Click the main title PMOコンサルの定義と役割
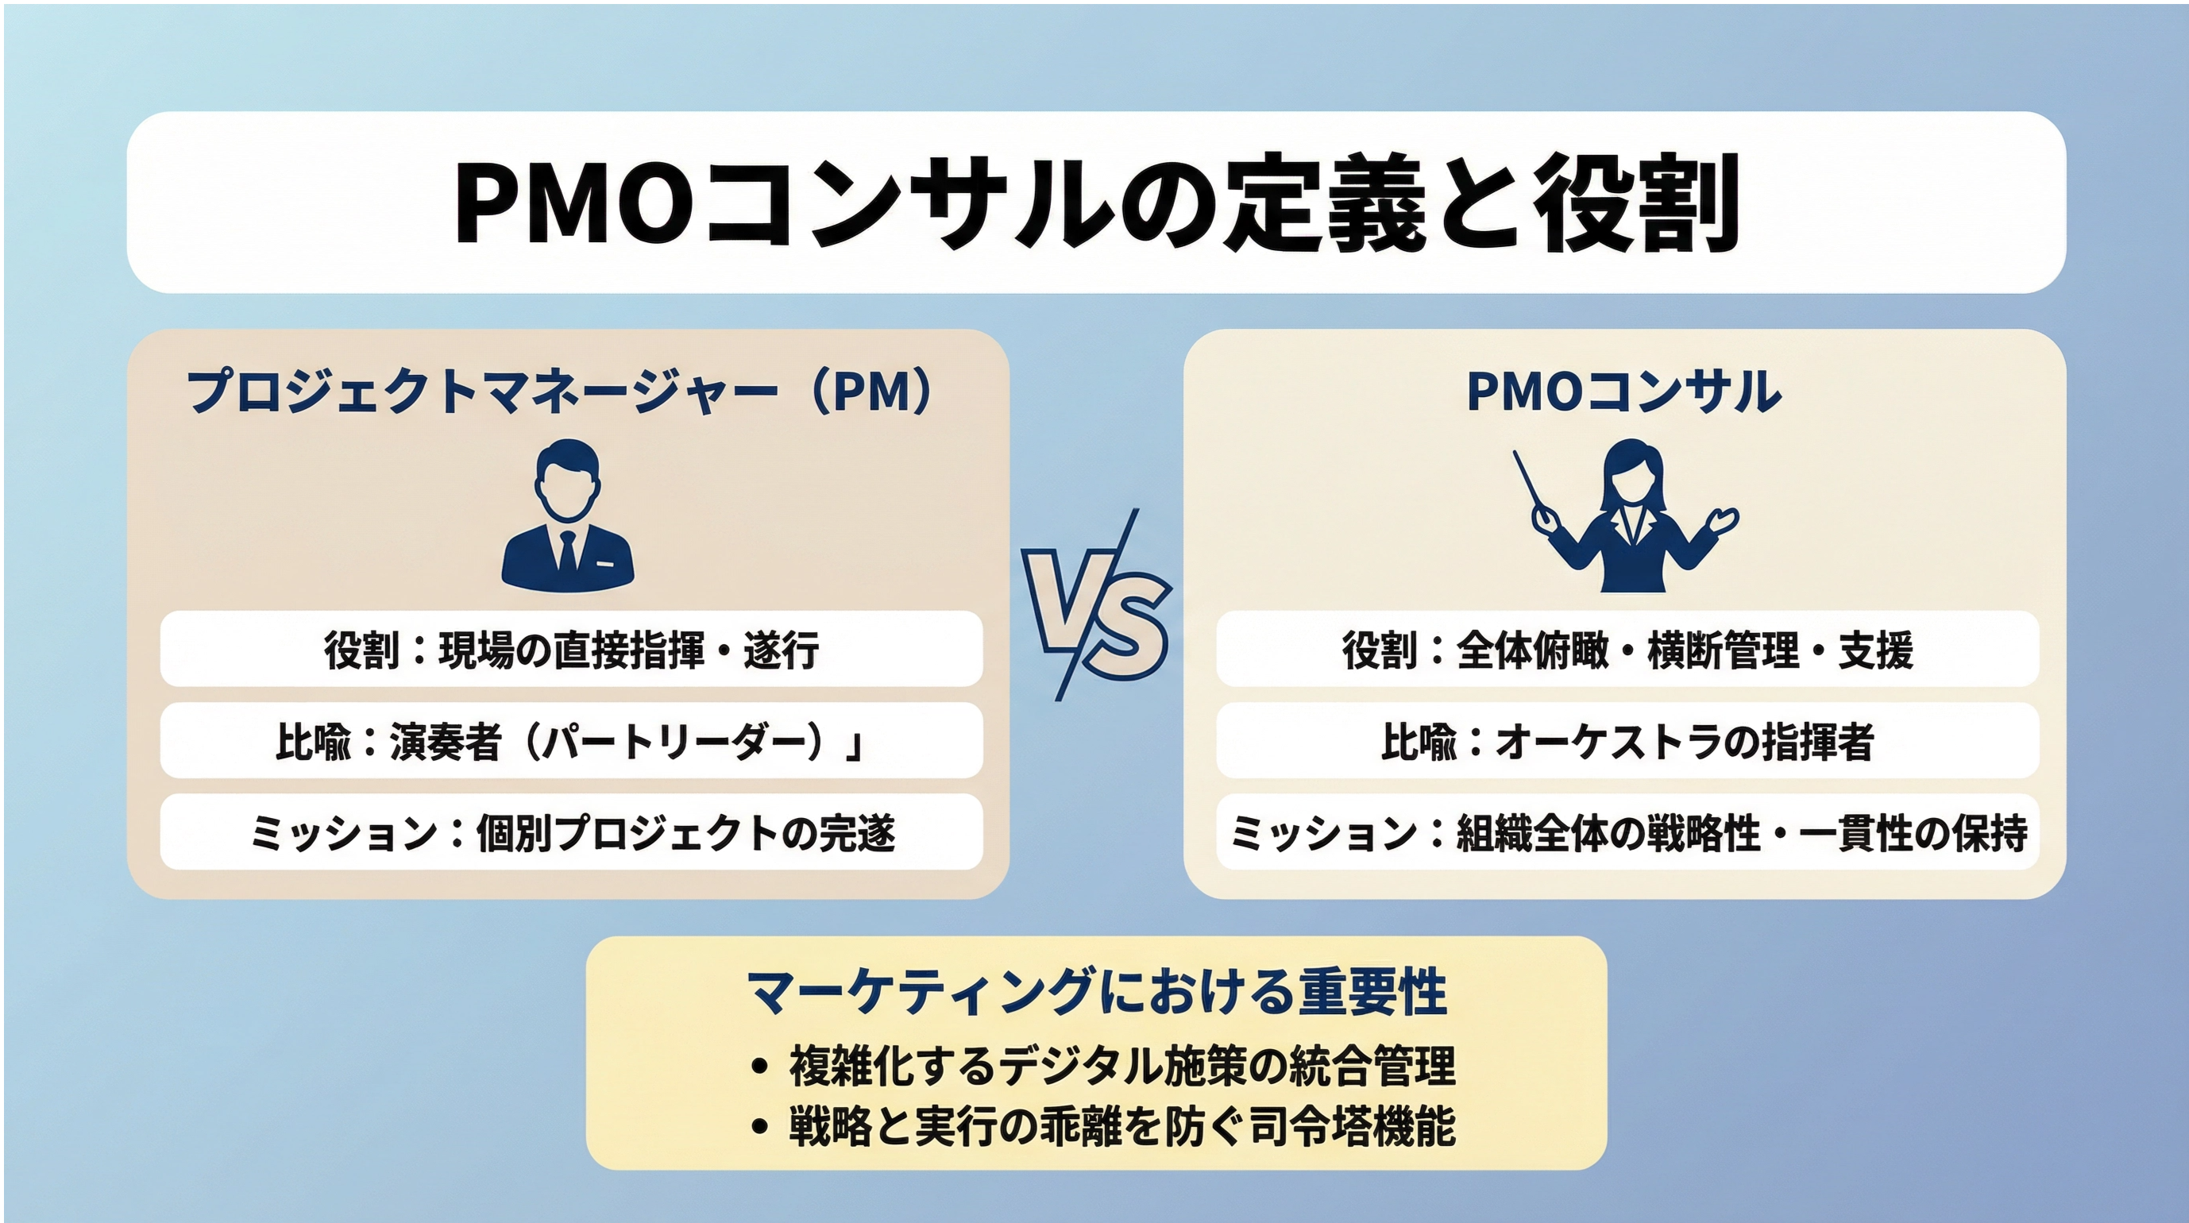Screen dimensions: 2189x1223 click(x=1096, y=203)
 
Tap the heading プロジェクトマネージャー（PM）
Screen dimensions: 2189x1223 click(x=561, y=392)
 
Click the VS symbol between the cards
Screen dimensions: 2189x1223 click(x=1097, y=605)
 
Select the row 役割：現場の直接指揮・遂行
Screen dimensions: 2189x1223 click(x=571, y=650)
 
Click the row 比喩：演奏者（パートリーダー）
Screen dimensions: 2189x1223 click(x=571, y=740)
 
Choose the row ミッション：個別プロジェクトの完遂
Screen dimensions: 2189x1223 click(x=571, y=832)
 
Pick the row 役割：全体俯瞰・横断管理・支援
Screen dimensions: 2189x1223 click(x=1627, y=650)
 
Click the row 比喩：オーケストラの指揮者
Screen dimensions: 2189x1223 click(x=1627, y=740)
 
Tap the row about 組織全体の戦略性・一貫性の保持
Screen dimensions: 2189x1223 click(x=1627, y=832)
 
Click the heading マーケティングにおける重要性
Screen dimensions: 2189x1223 click(x=1097, y=991)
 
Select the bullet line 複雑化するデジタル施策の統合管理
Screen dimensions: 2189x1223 click(x=1104, y=1065)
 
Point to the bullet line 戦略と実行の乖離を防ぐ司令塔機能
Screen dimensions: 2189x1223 click(x=1104, y=1126)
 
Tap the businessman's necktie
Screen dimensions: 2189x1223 click(x=567, y=550)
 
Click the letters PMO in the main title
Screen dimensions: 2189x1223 click(x=574, y=203)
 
